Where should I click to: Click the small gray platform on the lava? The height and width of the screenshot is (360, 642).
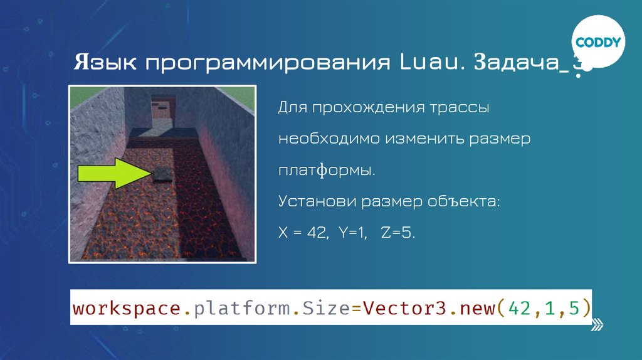coord(161,174)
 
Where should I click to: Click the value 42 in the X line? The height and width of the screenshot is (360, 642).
coord(314,233)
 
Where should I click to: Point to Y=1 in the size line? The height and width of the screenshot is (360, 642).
coord(352,233)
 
